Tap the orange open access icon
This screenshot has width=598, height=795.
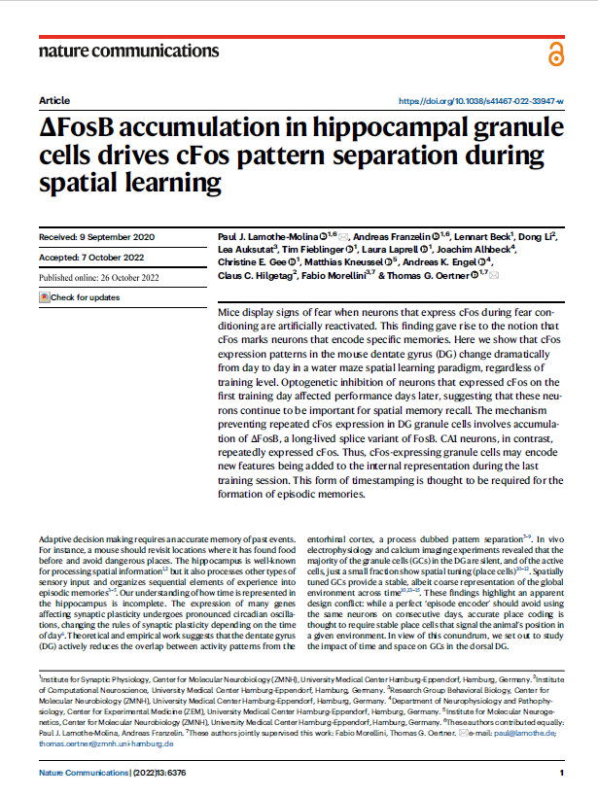pos(554,52)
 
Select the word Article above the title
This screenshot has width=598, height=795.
pos(53,101)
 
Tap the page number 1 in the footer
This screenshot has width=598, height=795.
pos(562,772)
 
